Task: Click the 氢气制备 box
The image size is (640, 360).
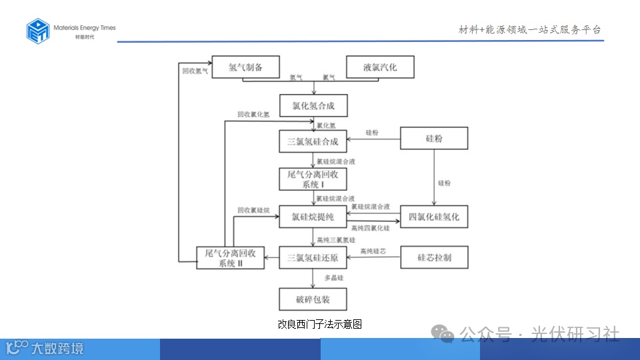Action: [x=245, y=67]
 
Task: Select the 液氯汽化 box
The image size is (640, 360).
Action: [x=380, y=67]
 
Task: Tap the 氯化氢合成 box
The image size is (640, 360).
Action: [x=313, y=105]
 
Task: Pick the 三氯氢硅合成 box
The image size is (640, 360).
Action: [x=313, y=141]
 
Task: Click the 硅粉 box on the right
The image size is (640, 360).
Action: [x=434, y=139]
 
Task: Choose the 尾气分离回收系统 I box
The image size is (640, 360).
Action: [x=313, y=179]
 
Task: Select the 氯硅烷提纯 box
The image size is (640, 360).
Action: [x=313, y=217]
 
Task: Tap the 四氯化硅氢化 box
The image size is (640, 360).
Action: [x=434, y=217]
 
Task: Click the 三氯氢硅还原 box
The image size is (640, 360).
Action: [x=313, y=257]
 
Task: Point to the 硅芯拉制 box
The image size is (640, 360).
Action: [x=434, y=257]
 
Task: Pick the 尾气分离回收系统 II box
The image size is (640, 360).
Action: [x=231, y=257]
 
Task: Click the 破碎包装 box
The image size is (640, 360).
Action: [x=313, y=299]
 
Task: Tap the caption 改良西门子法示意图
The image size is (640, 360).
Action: [x=319, y=324]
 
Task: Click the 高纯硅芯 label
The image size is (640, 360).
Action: [x=373, y=251]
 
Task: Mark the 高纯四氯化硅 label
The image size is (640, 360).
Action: [x=370, y=229]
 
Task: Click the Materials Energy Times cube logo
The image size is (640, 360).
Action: [x=38, y=31]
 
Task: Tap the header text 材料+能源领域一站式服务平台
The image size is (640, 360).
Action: [x=530, y=29]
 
